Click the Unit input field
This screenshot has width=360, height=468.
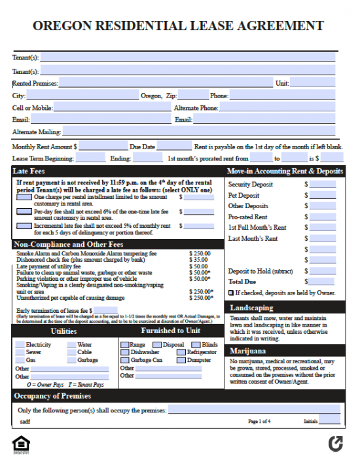[x=313, y=83]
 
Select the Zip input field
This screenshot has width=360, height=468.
[x=193, y=96]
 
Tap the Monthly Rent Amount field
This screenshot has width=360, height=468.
[x=103, y=147]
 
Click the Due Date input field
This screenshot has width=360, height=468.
[x=174, y=147]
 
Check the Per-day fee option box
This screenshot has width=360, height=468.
[x=23, y=211]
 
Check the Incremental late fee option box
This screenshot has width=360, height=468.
[x=23, y=226]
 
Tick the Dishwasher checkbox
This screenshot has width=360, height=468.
[x=125, y=352]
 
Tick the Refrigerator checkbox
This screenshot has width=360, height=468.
[x=183, y=352]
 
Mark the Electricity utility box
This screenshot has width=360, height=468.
[x=20, y=344]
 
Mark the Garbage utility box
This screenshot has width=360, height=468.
[x=72, y=360]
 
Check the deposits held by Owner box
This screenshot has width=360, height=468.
[x=230, y=293]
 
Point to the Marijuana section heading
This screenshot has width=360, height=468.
[x=248, y=351]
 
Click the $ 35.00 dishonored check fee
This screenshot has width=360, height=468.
[x=198, y=260]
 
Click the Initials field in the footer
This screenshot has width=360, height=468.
[x=330, y=422]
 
